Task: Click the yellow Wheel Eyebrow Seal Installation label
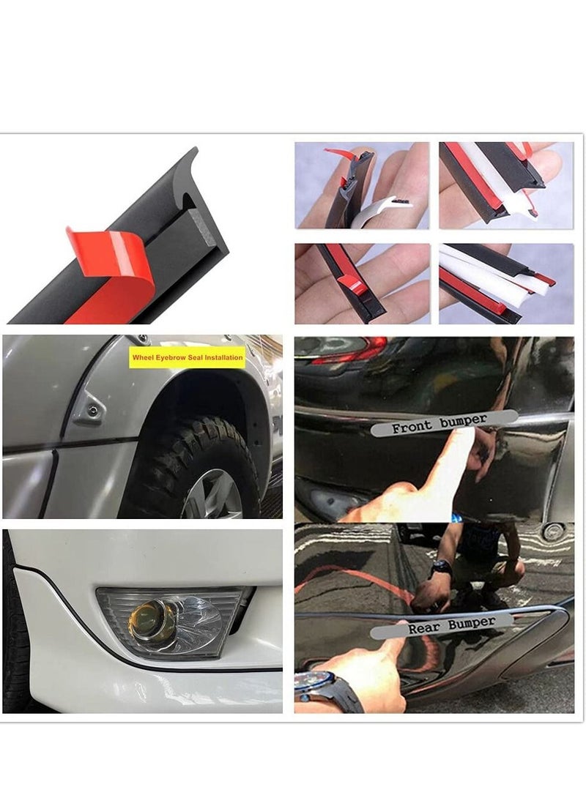pyautogui.click(x=186, y=358)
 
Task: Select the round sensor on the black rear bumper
pyautogui.click(x=554, y=532)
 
